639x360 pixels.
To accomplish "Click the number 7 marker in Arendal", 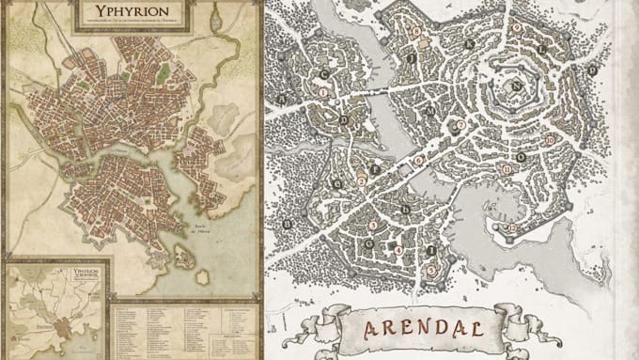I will [460, 124].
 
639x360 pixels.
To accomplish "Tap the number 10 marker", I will [548, 140].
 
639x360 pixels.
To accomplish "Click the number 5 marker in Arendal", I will [430, 271].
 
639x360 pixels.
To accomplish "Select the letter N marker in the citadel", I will [518, 85].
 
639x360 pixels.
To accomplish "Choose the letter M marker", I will [431, 111].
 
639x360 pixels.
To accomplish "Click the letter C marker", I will [325, 73].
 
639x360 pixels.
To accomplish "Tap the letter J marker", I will [412, 56].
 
